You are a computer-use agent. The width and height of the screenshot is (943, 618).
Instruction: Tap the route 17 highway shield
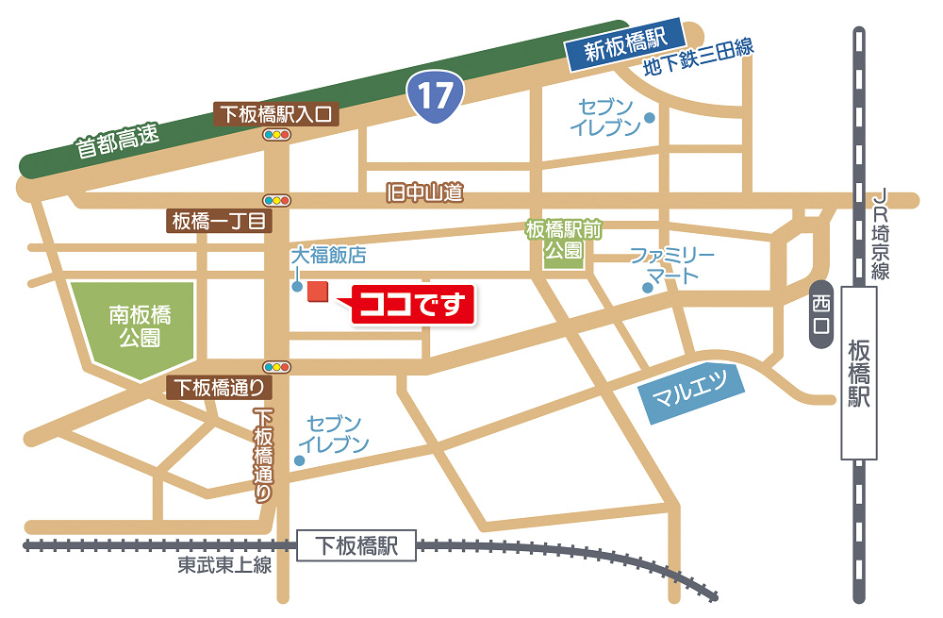(x=436, y=95)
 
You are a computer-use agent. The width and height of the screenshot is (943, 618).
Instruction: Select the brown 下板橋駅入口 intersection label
(x=275, y=114)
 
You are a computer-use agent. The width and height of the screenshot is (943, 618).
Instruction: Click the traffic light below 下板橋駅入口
(x=276, y=136)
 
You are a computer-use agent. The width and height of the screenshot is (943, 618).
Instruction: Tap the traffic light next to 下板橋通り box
(x=277, y=366)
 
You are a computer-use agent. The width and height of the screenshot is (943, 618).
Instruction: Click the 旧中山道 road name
(x=425, y=193)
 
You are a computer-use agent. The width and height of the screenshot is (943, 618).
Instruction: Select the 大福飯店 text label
(x=327, y=255)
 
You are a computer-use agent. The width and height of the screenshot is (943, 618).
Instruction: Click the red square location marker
(x=318, y=292)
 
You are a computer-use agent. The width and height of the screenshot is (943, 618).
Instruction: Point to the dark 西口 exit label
(x=821, y=313)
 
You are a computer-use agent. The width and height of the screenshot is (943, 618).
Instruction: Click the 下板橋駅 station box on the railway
(x=356, y=545)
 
